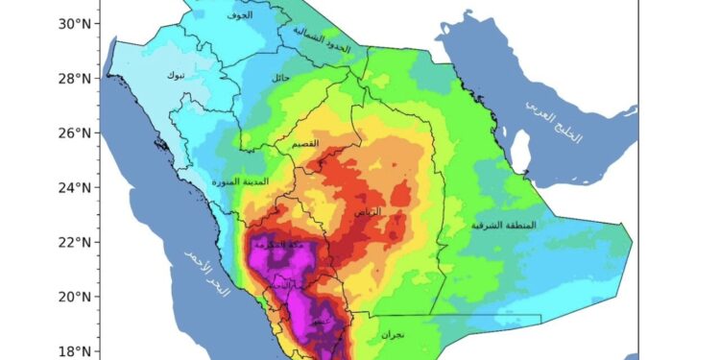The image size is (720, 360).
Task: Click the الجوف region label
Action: tap(240, 16)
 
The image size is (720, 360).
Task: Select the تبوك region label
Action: tap(175, 75)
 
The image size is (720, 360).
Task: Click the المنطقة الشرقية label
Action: tap(503, 226)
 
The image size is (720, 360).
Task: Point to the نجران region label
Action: tap(393, 335)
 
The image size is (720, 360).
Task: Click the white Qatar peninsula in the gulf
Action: tap(521, 151)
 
